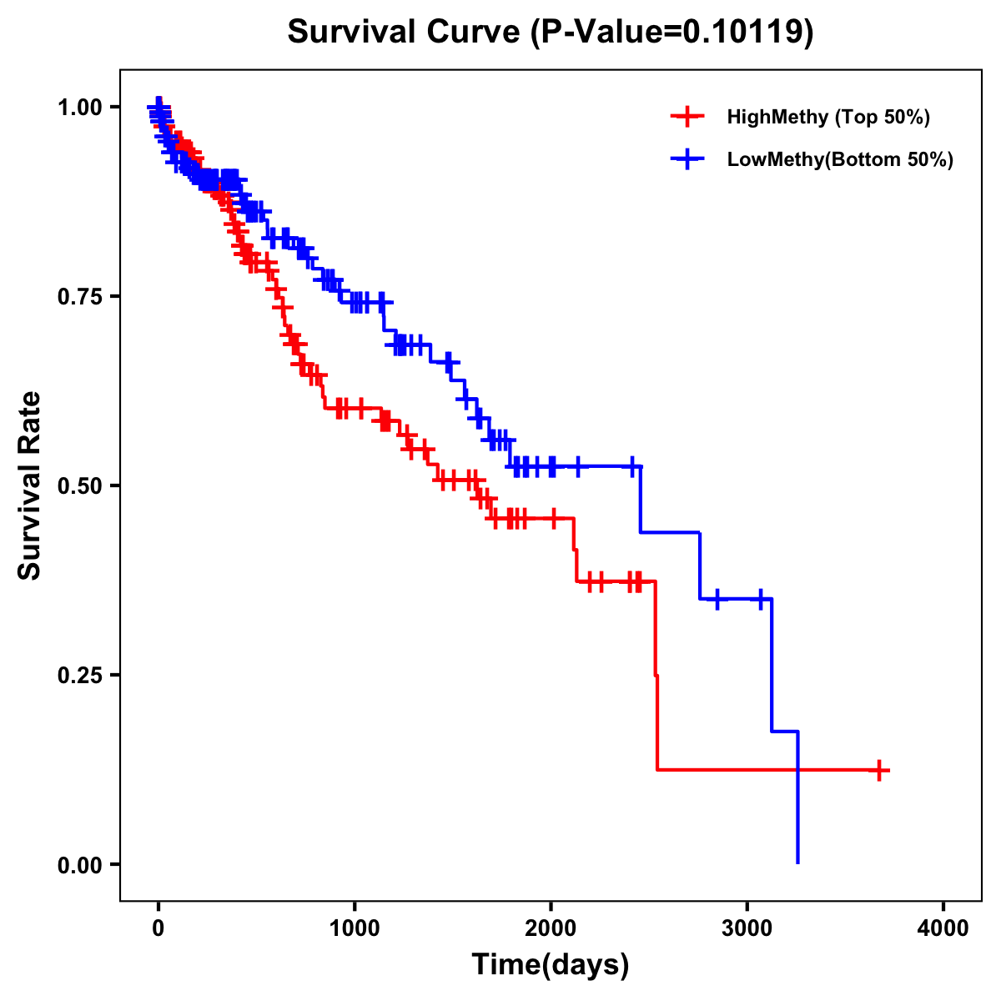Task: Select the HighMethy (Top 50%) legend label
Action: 827,117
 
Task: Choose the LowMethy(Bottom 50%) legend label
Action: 840,159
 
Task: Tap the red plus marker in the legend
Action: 686,117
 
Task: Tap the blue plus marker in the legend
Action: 686,159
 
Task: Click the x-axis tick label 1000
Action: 355,928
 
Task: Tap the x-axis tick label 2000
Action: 551,928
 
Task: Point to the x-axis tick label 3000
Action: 747,928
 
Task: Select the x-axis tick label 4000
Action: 943,928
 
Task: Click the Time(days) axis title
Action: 551,965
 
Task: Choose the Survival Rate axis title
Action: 30,485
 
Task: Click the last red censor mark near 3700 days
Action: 879,770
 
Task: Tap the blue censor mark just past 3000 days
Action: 761,599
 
